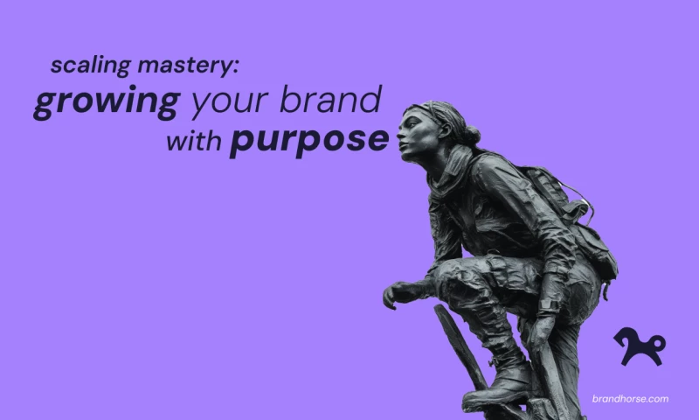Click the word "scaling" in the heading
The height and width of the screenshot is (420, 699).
coord(90,66)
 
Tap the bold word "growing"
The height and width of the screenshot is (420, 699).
coord(107,101)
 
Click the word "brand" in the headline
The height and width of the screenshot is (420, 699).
coord(331,99)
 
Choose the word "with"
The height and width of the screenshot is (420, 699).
coord(194,141)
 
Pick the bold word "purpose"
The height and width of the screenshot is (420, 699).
coord(309,141)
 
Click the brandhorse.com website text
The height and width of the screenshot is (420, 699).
coord(630,399)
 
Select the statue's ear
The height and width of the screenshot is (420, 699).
coord(445,129)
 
